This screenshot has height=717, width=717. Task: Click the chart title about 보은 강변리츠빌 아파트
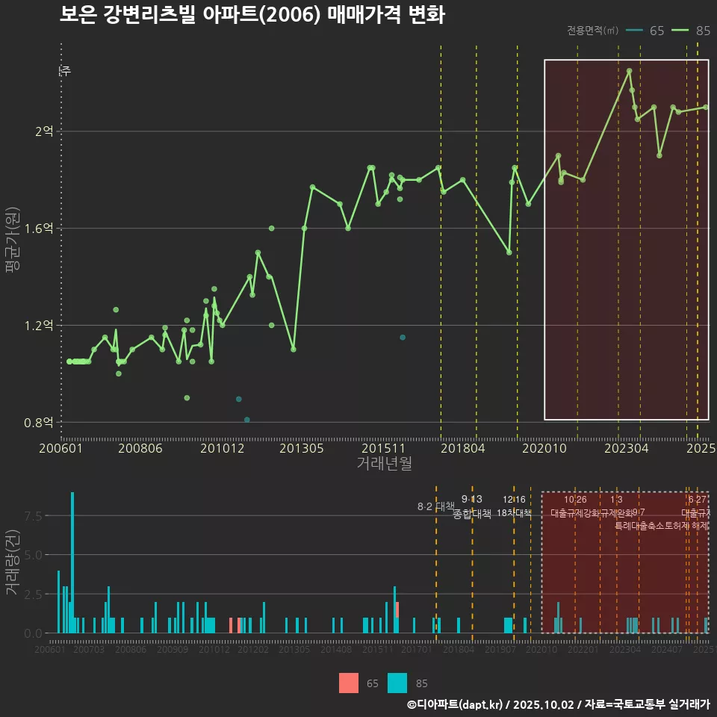(x=252, y=15)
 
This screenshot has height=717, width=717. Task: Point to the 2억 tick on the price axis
(x=44, y=131)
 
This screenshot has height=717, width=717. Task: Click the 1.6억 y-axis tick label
(x=39, y=229)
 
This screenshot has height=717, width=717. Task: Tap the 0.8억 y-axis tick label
(x=39, y=423)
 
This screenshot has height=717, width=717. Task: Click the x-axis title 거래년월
(x=384, y=464)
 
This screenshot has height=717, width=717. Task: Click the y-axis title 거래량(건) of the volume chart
(x=13, y=563)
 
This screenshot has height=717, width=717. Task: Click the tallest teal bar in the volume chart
(x=72, y=562)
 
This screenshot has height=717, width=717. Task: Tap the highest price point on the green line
(x=630, y=71)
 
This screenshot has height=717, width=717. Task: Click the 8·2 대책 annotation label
(x=435, y=506)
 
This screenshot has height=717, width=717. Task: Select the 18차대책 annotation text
(x=514, y=513)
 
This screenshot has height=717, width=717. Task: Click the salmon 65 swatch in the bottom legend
(x=348, y=683)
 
